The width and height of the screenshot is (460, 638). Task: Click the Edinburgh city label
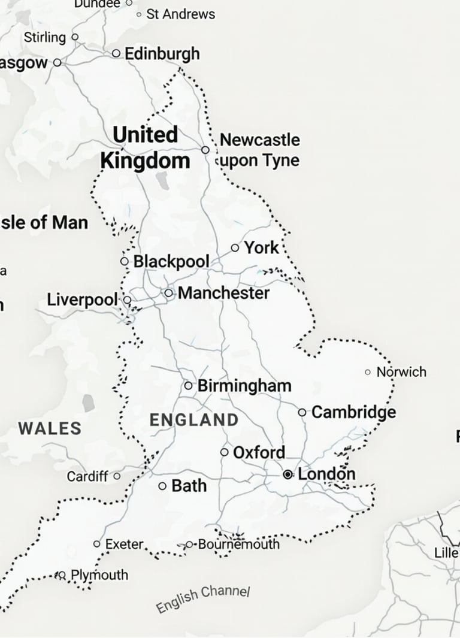tap(162, 54)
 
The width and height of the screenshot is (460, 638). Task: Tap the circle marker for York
tap(234, 247)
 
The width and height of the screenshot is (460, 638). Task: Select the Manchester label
tap(223, 293)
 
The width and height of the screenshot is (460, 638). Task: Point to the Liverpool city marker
tap(127, 299)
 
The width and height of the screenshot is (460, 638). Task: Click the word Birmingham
tap(244, 385)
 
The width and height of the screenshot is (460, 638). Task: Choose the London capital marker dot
tap(288, 474)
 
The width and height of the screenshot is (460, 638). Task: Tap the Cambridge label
tap(353, 412)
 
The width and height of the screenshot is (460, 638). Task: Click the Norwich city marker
tap(368, 372)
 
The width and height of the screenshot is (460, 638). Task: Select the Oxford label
tap(259, 452)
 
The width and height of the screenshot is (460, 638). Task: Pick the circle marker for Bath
tap(162, 486)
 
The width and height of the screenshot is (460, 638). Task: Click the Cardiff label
tap(87, 477)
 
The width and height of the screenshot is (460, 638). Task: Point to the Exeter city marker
tap(97, 544)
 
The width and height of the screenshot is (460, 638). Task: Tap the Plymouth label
tap(99, 575)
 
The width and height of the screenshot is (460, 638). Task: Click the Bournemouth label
tap(238, 544)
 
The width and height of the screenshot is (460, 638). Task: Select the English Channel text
tap(202, 599)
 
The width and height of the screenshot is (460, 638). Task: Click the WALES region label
tap(50, 428)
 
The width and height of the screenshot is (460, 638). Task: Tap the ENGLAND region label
tap(193, 420)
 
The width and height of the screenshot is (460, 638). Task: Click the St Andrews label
tap(180, 14)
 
